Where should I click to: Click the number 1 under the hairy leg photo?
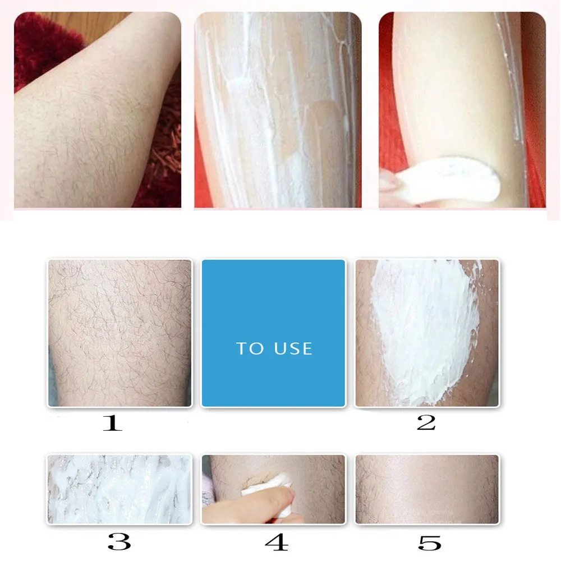(112, 422)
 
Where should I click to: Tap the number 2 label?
(426, 422)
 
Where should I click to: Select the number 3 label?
(119, 542)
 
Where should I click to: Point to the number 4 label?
(276, 542)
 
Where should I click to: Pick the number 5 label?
(429, 542)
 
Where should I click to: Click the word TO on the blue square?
(250, 348)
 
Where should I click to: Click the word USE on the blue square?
(293, 348)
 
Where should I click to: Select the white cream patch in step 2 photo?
(424, 331)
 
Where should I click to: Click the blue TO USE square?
(274, 333)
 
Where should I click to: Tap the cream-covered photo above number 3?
(120, 489)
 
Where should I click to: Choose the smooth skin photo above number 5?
(427, 489)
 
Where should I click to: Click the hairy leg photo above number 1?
(120, 333)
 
